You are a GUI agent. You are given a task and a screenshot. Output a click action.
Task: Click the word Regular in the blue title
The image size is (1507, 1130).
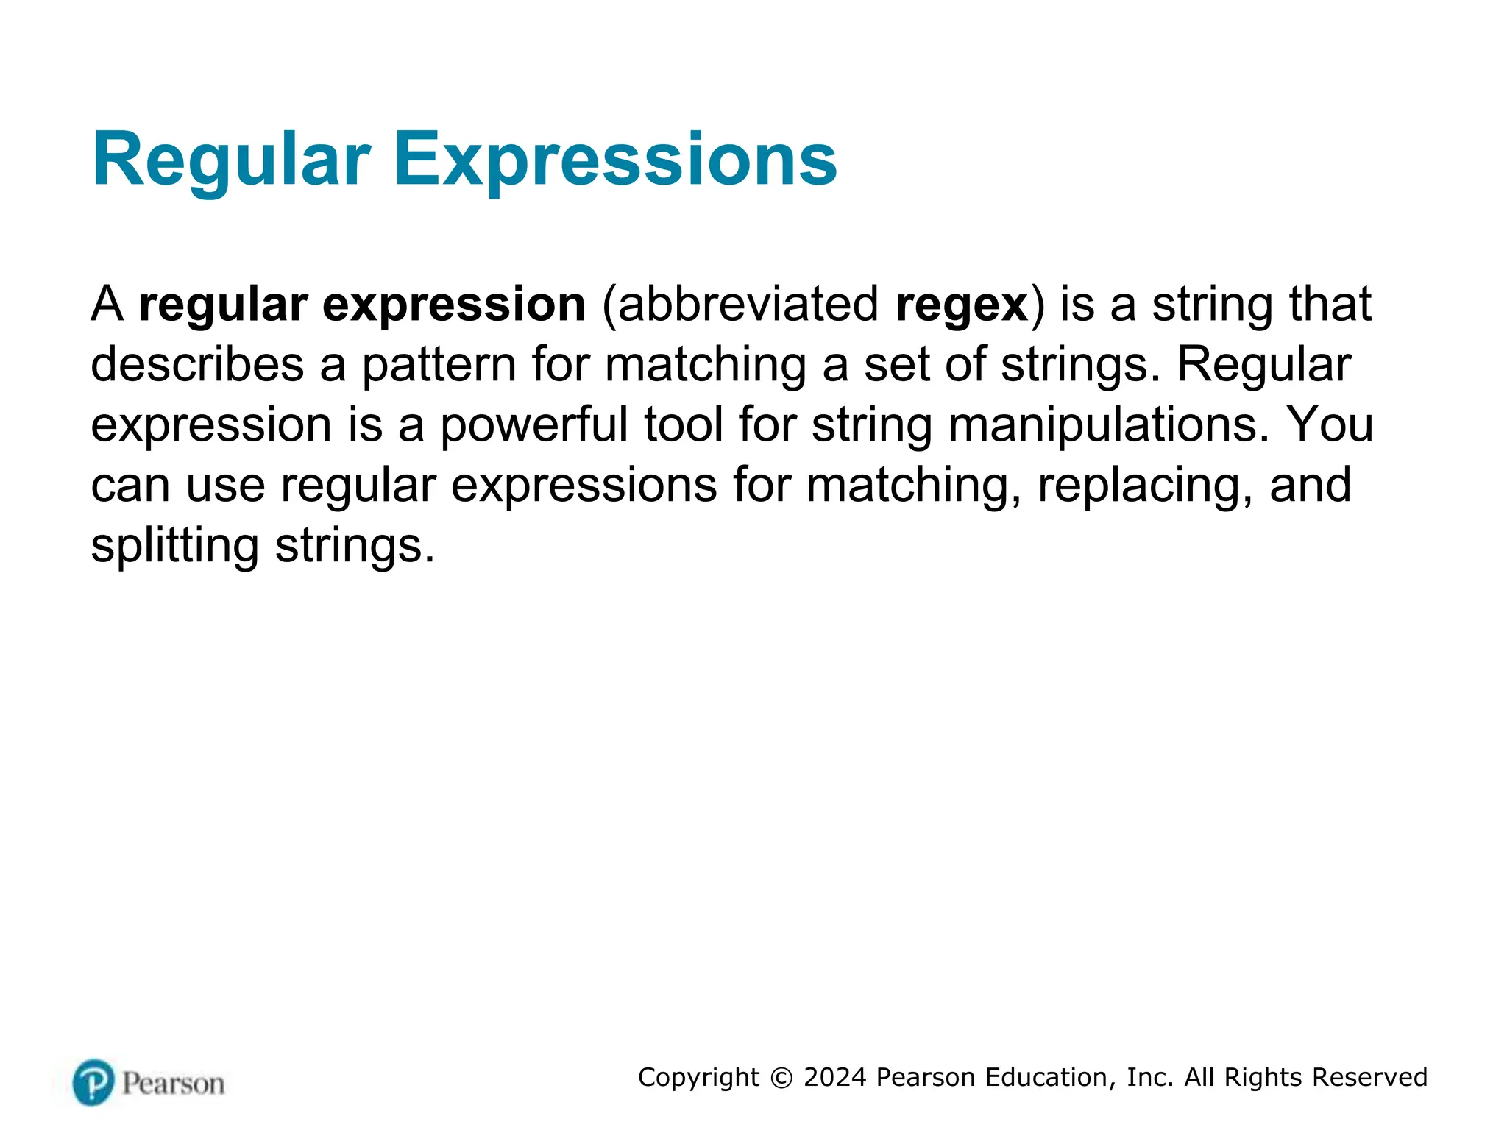pyautogui.click(x=231, y=160)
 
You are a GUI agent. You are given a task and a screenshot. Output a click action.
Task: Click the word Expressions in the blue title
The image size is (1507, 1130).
pyautogui.click(x=615, y=160)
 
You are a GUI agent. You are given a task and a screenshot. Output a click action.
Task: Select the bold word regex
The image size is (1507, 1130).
pyautogui.click(x=962, y=305)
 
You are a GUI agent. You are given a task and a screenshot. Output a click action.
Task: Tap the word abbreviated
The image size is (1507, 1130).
pyautogui.click(x=740, y=305)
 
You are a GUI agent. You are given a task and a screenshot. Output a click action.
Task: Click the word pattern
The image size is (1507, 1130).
pyautogui.click(x=439, y=365)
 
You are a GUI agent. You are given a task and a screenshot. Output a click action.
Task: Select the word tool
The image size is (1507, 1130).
pyautogui.click(x=684, y=425)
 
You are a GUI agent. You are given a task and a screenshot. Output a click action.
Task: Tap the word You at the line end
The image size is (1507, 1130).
pyautogui.click(x=1330, y=425)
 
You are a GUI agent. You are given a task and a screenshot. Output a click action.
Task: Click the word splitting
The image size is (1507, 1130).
pyautogui.click(x=174, y=546)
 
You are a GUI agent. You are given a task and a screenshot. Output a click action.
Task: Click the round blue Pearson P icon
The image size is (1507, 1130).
pyautogui.click(x=93, y=1082)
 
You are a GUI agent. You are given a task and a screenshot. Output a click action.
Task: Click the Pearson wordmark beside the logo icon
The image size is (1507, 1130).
pyautogui.click(x=173, y=1084)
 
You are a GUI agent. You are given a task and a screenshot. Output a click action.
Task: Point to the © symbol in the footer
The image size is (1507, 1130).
pyautogui.click(x=781, y=1078)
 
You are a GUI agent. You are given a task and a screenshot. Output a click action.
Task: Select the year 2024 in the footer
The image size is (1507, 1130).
pyautogui.click(x=834, y=1077)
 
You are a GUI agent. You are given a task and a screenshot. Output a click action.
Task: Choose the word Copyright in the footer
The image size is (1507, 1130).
pyautogui.click(x=698, y=1077)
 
